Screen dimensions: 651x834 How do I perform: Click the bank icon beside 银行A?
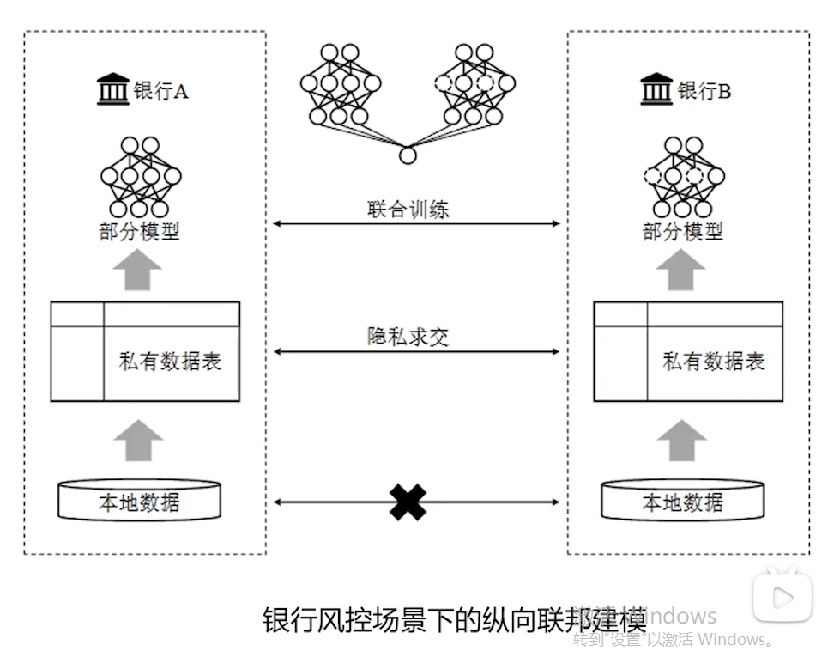pyautogui.click(x=113, y=89)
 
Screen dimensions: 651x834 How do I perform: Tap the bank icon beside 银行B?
pyautogui.click(x=657, y=89)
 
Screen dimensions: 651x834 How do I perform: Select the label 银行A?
pyautogui.click(x=160, y=91)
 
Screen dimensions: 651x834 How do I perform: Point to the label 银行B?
pyautogui.click(x=704, y=91)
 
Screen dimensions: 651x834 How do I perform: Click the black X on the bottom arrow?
pyautogui.click(x=408, y=502)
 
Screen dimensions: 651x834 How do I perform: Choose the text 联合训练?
pyautogui.click(x=408, y=209)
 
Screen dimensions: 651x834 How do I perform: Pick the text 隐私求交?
pyautogui.click(x=408, y=337)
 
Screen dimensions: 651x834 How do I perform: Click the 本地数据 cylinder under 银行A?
pyautogui.click(x=139, y=501)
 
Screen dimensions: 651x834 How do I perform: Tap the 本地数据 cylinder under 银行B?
pyautogui.click(x=683, y=501)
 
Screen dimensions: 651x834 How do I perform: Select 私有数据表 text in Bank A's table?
pyautogui.click(x=170, y=362)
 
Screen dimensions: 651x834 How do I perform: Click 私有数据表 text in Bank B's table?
pyautogui.click(x=714, y=362)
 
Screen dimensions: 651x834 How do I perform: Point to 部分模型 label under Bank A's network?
pyautogui.click(x=139, y=232)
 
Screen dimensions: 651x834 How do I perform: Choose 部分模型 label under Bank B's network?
pyautogui.click(x=683, y=232)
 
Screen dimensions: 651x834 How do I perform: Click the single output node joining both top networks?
pyautogui.click(x=408, y=155)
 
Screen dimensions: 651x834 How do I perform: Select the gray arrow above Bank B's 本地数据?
pyautogui.click(x=682, y=441)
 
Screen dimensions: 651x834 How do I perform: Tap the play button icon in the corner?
pyautogui.click(x=782, y=596)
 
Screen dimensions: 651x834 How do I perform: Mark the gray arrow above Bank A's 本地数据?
pyautogui.click(x=137, y=441)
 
